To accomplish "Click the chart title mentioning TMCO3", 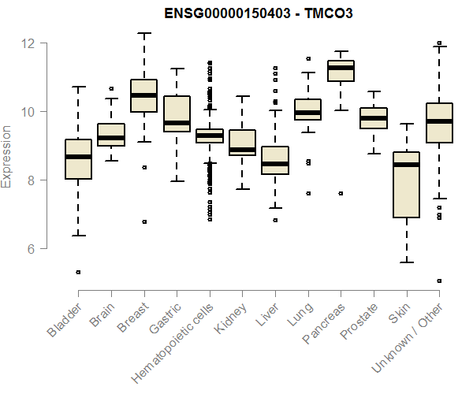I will point(258,14).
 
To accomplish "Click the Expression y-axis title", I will point(7,156).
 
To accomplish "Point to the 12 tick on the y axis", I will point(32,43).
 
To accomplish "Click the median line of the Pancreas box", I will point(341,68).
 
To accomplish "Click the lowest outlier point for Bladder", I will point(78,272).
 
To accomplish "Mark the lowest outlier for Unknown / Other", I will point(439,281).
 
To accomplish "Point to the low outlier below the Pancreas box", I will point(341,193).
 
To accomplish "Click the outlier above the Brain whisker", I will point(111,89).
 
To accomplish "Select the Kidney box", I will point(242,142).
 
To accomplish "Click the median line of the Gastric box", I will point(177,123).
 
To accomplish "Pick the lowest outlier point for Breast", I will point(143,221).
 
